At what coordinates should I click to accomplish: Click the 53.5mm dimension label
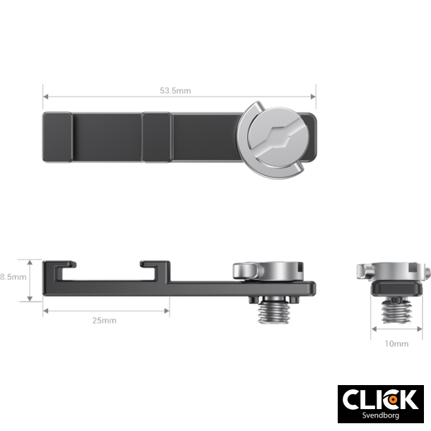tap(175, 90)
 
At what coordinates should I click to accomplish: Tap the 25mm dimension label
tap(104, 321)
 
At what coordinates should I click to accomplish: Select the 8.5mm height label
tap(13, 277)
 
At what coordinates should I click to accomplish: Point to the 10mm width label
tap(396, 343)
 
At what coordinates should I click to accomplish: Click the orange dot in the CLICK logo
tap(393, 400)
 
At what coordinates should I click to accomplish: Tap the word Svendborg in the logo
tap(380, 415)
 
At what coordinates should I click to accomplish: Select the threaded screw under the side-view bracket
tap(273, 312)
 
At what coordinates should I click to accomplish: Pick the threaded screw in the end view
tap(396, 312)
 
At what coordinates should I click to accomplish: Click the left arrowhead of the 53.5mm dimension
tap(46, 97)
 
